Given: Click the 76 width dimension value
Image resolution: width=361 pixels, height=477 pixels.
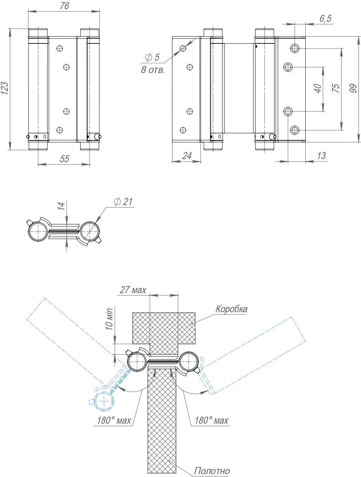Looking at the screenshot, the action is [x=64, y=6].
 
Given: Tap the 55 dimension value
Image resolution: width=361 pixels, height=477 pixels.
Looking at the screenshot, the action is [x=64, y=159].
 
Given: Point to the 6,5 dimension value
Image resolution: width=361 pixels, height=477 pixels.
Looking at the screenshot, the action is [x=325, y=19].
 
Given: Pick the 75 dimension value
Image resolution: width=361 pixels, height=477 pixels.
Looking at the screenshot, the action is [x=336, y=88].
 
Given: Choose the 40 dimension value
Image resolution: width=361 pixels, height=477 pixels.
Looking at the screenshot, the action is [x=318, y=88].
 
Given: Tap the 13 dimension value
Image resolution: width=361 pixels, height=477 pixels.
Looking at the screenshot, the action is [x=321, y=156].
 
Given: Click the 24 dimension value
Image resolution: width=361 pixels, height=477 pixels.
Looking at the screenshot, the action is [x=187, y=156].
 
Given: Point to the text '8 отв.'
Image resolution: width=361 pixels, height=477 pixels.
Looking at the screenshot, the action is [x=153, y=70].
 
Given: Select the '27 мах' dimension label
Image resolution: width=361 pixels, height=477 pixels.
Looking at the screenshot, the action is [x=133, y=290].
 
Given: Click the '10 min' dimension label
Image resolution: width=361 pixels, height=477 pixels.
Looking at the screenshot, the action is [x=109, y=319].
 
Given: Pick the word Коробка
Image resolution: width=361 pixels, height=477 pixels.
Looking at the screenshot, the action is [x=231, y=309].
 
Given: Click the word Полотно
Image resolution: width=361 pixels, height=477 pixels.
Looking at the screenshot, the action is [x=212, y=471].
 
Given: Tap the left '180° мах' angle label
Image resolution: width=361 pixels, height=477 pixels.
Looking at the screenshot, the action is [x=114, y=421].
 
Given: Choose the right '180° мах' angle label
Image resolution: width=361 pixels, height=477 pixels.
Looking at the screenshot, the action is [x=211, y=421].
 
